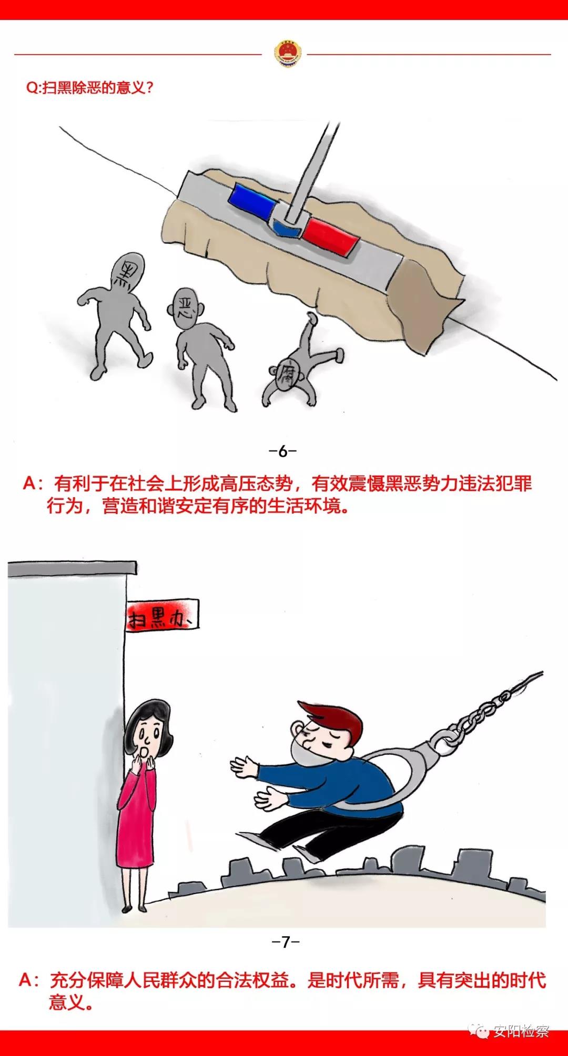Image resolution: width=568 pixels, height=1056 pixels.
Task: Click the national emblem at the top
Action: [x=287, y=54]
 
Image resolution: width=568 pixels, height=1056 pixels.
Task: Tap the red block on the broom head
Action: [x=331, y=237]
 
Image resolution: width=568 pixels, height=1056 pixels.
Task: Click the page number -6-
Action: [x=283, y=451]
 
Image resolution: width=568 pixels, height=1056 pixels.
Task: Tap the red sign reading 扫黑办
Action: [x=163, y=614]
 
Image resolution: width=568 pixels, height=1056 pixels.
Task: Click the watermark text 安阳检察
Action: [x=521, y=1031]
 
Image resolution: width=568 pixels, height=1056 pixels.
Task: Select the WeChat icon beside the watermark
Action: [x=480, y=1031]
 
